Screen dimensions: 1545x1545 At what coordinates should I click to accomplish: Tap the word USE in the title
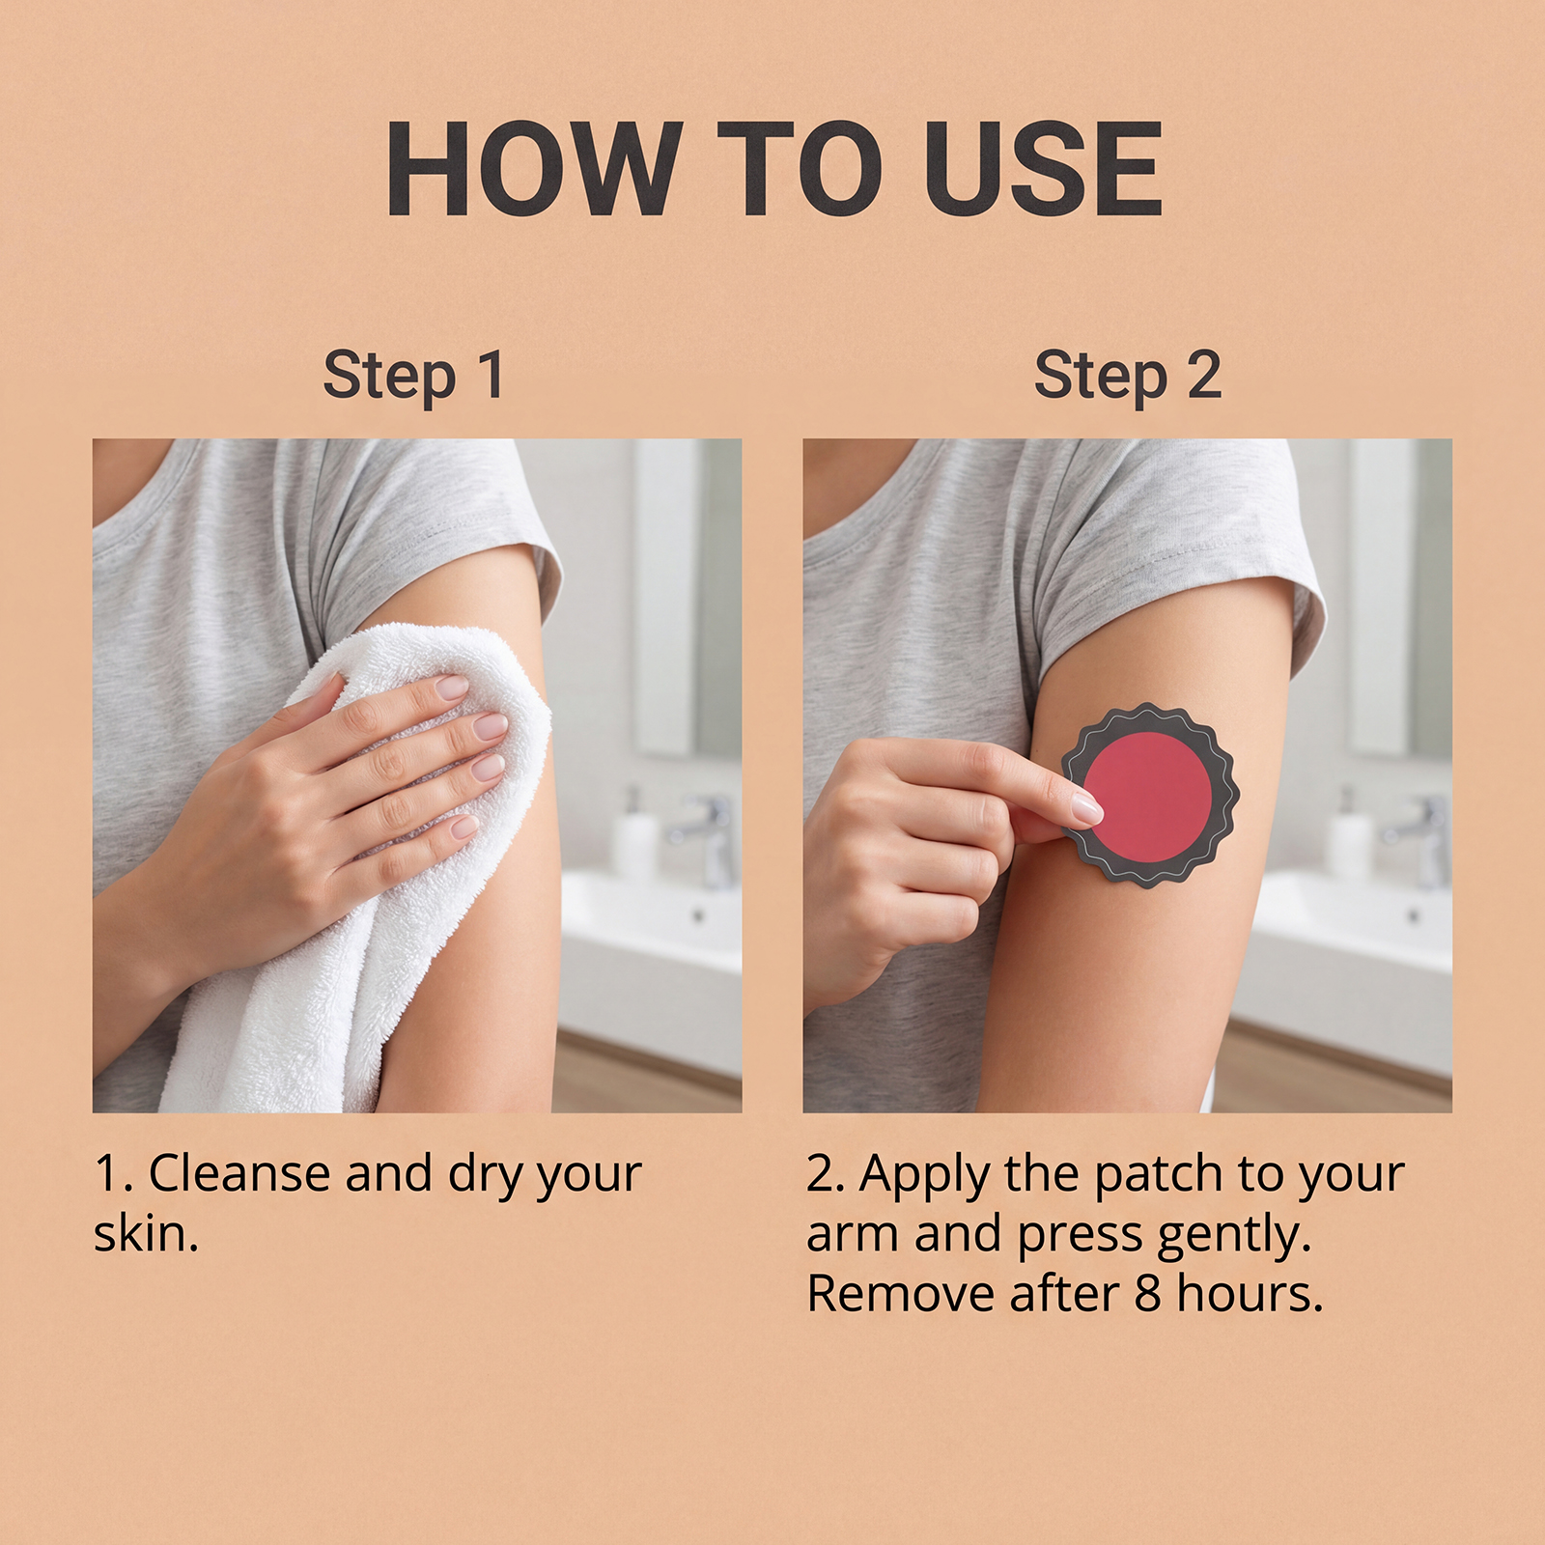(x=1043, y=169)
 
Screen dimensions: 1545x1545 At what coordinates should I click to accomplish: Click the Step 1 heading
(x=413, y=375)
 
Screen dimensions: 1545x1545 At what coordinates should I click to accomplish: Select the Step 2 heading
(x=1128, y=375)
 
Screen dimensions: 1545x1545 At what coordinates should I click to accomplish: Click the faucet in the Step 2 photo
(x=1419, y=835)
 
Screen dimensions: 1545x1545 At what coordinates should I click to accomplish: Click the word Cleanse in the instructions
(x=240, y=1174)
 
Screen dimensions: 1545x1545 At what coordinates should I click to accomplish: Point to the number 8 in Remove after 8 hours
(x=1148, y=1295)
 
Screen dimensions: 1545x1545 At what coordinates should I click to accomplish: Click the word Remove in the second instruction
(x=902, y=1294)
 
